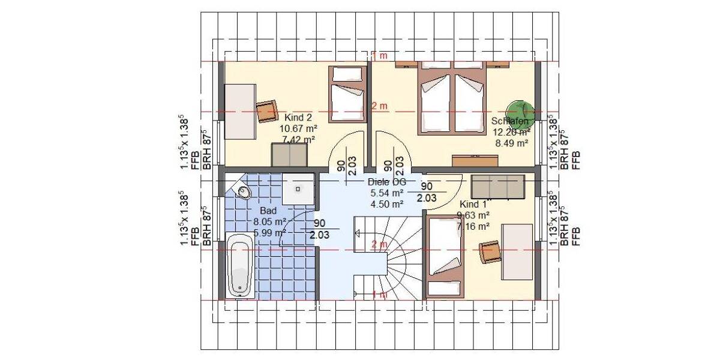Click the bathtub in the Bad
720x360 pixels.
tap(240, 266)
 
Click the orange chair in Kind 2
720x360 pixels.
tap(267, 111)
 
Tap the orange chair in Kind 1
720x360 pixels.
tap(489, 252)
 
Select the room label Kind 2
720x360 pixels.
tap(298, 117)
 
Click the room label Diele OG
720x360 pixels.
tap(387, 182)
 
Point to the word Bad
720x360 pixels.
tap(268, 211)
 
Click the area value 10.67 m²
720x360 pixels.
tap(298, 128)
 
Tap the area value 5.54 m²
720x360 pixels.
tap(387, 193)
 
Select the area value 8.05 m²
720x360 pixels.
tap(268, 222)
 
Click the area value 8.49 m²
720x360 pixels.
tap(511, 143)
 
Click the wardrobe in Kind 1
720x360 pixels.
tap(497, 187)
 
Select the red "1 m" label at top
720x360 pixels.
tap(379, 56)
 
